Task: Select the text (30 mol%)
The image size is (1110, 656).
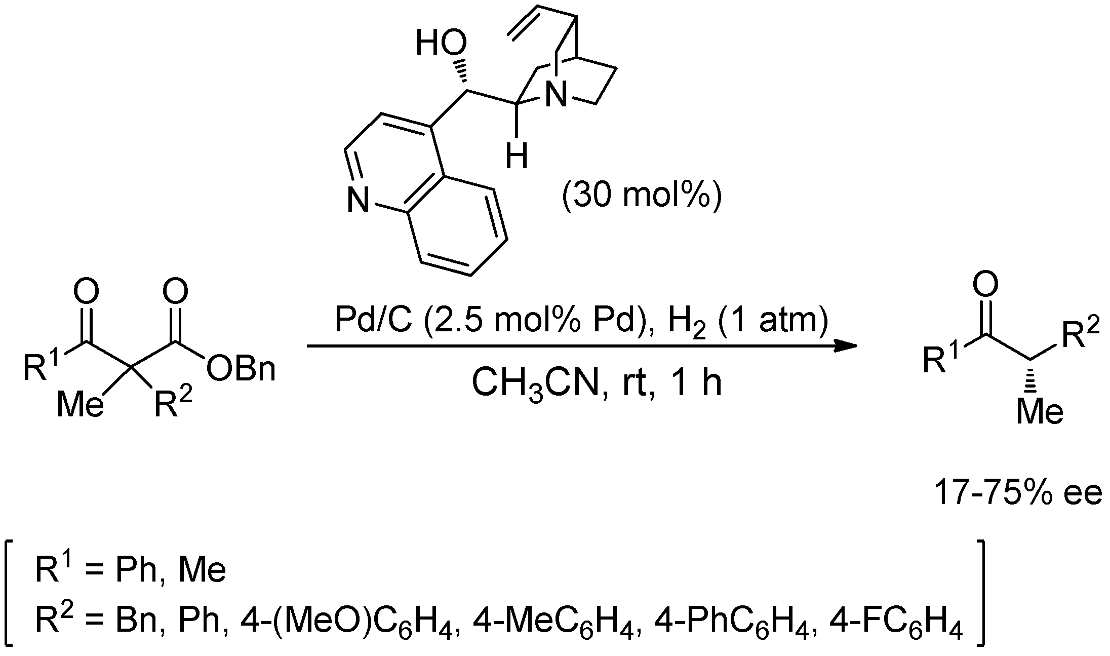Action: pos(641,197)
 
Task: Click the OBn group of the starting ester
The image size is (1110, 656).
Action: pos(241,369)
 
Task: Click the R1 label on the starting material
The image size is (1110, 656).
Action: pos(41,367)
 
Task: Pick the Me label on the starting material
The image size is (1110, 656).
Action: pos(80,405)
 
